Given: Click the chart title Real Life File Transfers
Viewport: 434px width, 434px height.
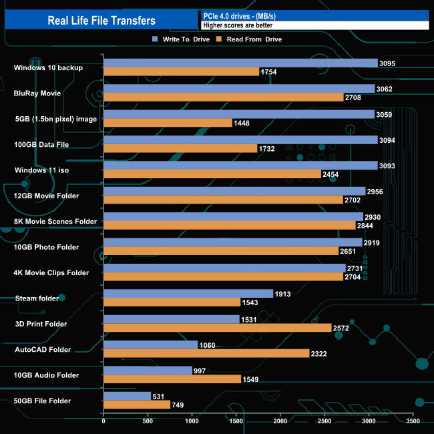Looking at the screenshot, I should pos(101,21).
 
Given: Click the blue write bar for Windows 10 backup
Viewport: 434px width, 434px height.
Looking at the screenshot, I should pos(240,63).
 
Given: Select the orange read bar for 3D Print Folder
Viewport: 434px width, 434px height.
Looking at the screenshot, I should pos(218,328).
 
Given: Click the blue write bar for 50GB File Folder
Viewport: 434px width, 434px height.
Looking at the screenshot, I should pos(127,396).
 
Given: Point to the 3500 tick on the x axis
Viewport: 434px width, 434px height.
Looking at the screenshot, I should pos(413,421).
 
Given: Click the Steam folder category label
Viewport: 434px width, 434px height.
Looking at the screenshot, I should pos(35,298).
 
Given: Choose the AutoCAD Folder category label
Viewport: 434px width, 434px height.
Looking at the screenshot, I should pos(43,349).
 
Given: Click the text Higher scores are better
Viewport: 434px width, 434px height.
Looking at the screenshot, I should pos(238,25).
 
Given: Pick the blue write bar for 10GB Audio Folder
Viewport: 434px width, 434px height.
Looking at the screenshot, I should pos(148,370).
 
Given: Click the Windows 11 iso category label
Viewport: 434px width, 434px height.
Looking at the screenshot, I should pos(41,170).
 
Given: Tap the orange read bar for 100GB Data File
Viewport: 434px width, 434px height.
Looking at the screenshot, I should pos(180,148).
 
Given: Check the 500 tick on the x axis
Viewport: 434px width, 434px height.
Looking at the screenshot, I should pos(148,421).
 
